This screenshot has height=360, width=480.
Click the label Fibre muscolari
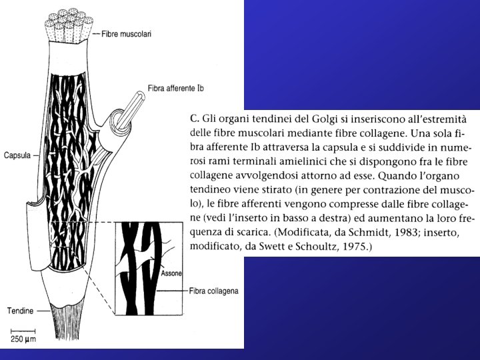click(x=126, y=33)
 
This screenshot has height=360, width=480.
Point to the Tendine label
click(x=19, y=310)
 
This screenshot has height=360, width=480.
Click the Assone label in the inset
click(x=171, y=273)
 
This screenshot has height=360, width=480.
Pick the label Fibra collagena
click(x=213, y=291)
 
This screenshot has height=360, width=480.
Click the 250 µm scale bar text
click(x=22, y=339)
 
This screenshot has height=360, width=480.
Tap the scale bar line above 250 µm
click(x=22, y=331)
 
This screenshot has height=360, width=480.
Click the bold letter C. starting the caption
click(x=195, y=118)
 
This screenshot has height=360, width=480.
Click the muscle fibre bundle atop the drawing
click(x=66, y=27)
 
